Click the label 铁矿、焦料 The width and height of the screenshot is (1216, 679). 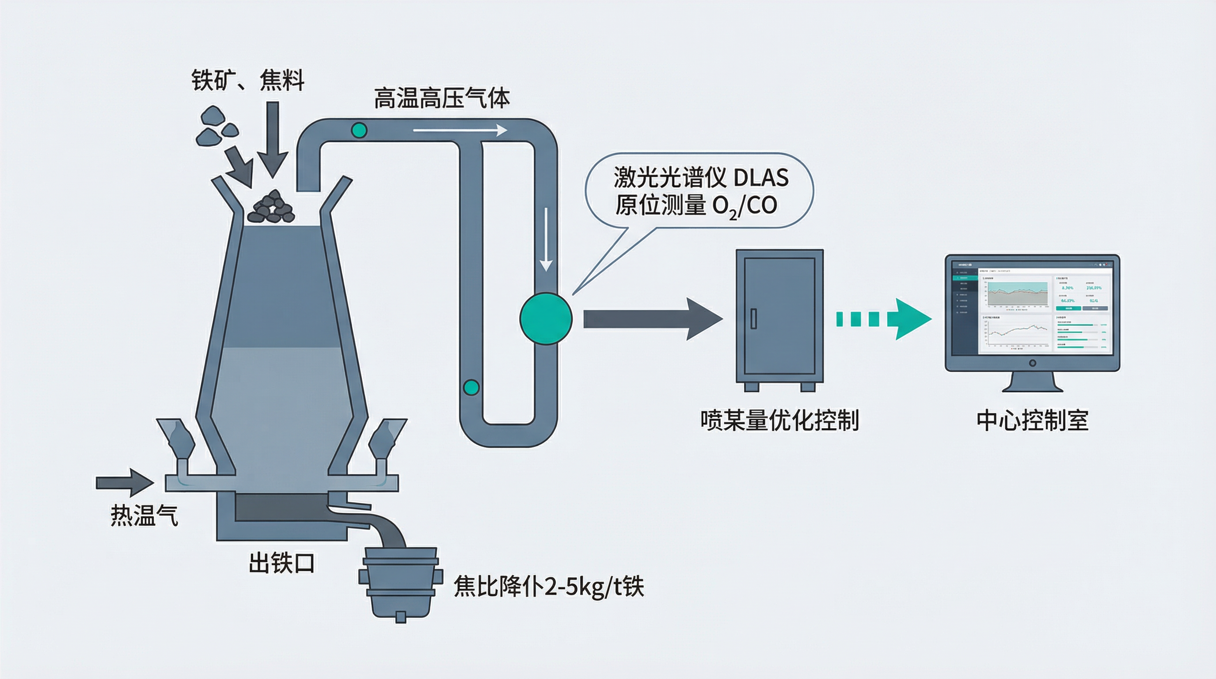coord(247,80)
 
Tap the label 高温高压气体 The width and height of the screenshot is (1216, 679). coord(442,98)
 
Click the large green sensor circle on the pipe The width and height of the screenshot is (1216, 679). coord(546,319)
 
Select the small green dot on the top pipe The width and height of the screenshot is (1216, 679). coord(359,130)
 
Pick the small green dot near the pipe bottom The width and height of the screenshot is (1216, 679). coord(471,387)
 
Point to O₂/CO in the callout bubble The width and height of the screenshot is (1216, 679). coord(745,206)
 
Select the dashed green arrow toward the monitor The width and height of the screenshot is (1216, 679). coord(883,319)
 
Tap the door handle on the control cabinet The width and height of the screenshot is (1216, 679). coord(753,318)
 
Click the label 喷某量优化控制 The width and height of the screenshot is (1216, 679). coord(779,420)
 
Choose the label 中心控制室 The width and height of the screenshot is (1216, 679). coord(1032,420)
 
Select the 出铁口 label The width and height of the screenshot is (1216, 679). coord(281,563)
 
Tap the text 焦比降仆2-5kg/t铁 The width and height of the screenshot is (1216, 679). coord(548,587)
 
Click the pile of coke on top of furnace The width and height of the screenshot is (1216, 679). coord(273,208)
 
